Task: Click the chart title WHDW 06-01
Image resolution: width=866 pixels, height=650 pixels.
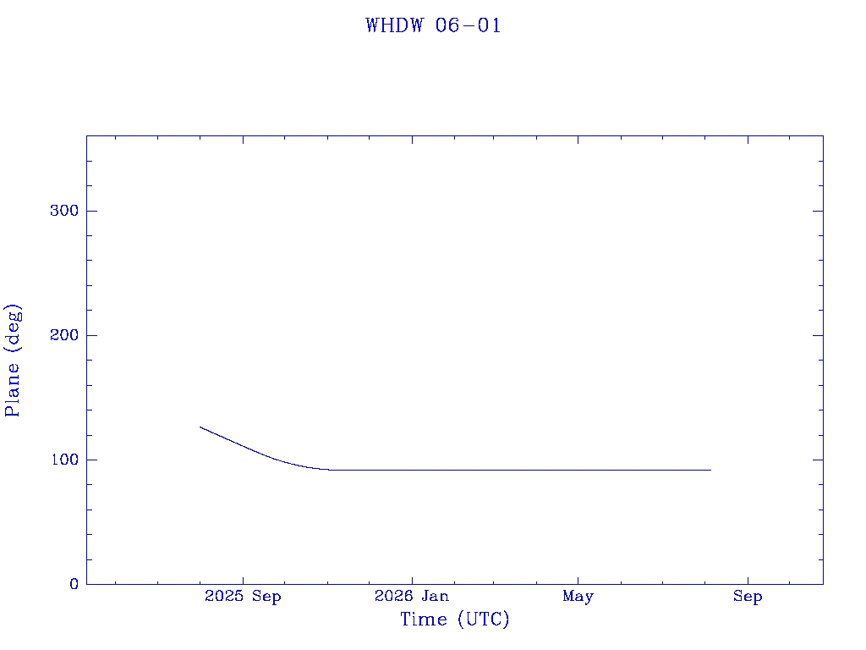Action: pyautogui.click(x=433, y=25)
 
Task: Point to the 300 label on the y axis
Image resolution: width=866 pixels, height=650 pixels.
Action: pyautogui.click(x=64, y=211)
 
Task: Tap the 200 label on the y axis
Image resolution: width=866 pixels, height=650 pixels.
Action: pyautogui.click(x=64, y=335)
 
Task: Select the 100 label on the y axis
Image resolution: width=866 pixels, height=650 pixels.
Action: pyautogui.click(x=64, y=460)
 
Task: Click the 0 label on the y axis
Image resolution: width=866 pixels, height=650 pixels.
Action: pyautogui.click(x=74, y=584)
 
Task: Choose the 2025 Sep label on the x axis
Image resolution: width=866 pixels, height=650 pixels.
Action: pyautogui.click(x=243, y=596)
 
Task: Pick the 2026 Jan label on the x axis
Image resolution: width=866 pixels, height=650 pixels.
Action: pyautogui.click(x=412, y=596)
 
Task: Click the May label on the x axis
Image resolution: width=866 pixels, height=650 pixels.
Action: pyautogui.click(x=578, y=597)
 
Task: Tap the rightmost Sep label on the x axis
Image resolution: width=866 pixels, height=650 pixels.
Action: pyautogui.click(x=748, y=597)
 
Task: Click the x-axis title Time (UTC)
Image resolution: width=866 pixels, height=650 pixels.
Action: pyautogui.click(x=454, y=620)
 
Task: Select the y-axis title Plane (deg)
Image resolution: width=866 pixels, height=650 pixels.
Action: pyautogui.click(x=13, y=360)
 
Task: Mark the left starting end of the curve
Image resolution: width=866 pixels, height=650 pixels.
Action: pyautogui.click(x=200, y=427)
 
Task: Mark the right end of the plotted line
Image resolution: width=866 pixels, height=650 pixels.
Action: pyautogui.click(x=710, y=471)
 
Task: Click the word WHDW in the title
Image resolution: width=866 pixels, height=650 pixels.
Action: pyautogui.click(x=394, y=25)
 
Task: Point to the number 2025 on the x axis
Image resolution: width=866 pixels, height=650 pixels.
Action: pyautogui.click(x=223, y=596)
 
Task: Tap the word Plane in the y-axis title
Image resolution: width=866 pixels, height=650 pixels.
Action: pyautogui.click(x=12, y=389)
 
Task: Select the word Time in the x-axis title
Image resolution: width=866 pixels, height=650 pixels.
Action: pyautogui.click(x=424, y=620)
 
